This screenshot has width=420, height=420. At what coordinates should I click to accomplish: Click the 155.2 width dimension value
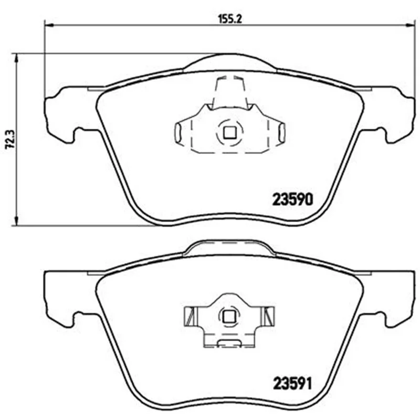[x=230, y=19]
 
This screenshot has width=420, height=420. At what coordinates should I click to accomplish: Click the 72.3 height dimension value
[x=11, y=140]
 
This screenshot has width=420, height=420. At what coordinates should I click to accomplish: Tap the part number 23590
[x=292, y=199]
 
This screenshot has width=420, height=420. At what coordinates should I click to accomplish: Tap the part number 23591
[x=292, y=384]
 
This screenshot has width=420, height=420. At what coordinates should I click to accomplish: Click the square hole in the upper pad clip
[x=229, y=132]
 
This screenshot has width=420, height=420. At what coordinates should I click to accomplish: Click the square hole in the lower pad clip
[x=228, y=317]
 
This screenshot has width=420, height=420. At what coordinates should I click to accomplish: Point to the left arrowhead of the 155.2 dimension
[x=49, y=25]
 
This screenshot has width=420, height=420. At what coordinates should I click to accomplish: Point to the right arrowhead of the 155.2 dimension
[x=410, y=25]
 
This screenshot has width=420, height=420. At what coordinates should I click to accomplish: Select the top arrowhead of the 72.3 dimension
[x=17, y=58]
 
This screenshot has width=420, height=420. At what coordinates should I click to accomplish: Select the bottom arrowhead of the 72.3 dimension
[x=17, y=220]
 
